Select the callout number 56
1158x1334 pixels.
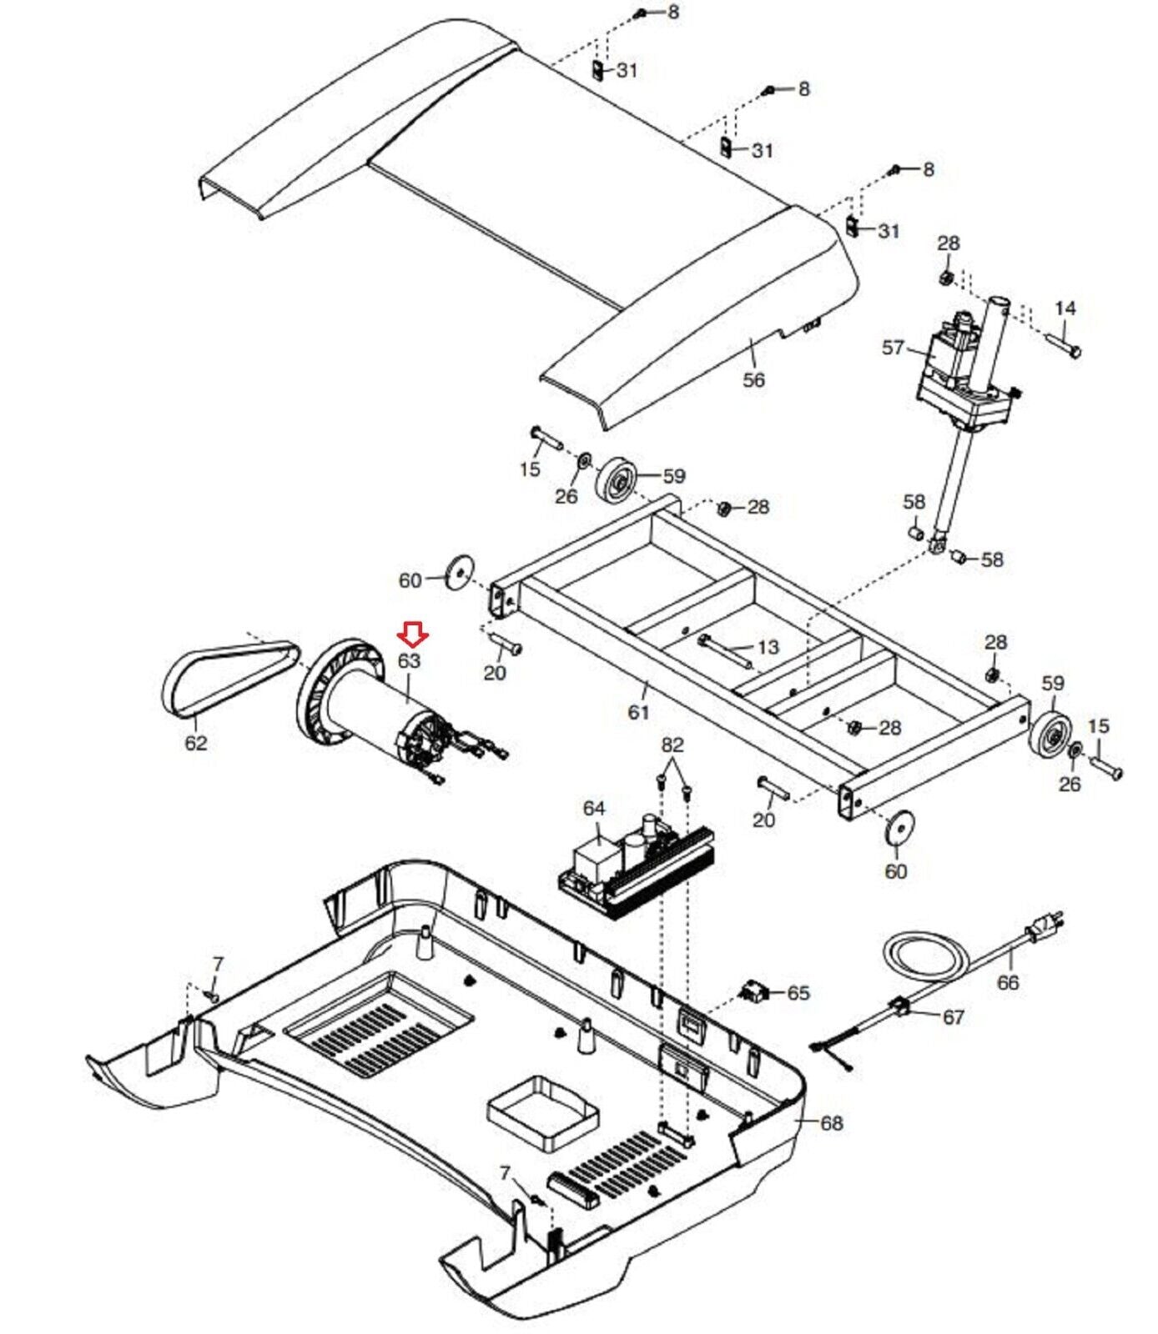(x=753, y=380)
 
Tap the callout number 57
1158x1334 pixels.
(x=893, y=347)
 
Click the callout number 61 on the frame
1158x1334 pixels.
(x=638, y=712)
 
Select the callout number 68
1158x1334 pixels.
(x=832, y=1123)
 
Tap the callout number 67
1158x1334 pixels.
(x=953, y=1017)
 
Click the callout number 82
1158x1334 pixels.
(x=672, y=745)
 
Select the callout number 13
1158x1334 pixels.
(x=768, y=647)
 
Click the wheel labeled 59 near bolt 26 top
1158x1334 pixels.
(x=618, y=482)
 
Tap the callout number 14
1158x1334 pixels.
(x=1065, y=309)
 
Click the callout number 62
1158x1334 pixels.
(x=196, y=742)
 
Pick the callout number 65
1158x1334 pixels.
(x=798, y=993)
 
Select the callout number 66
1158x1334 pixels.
(x=1008, y=982)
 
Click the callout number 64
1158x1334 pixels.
(x=594, y=809)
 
